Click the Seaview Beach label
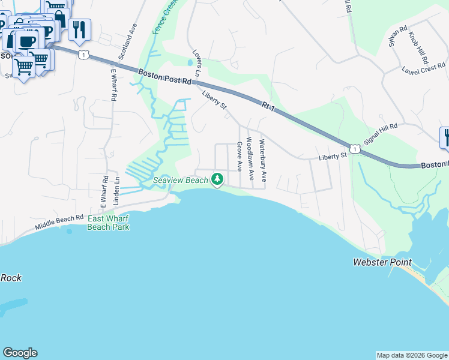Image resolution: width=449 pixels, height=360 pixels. click(x=180, y=179)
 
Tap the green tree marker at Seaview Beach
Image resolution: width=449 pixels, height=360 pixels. click(x=217, y=179)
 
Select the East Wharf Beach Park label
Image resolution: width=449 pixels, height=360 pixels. click(x=109, y=223)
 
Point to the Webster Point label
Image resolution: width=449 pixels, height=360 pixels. click(x=382, y=262)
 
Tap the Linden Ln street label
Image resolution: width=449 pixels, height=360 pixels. click(x=118, y=190)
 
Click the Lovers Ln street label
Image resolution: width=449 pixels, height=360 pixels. click(x=195, y=62)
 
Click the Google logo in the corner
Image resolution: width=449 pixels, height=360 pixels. click(x=20, y=353)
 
